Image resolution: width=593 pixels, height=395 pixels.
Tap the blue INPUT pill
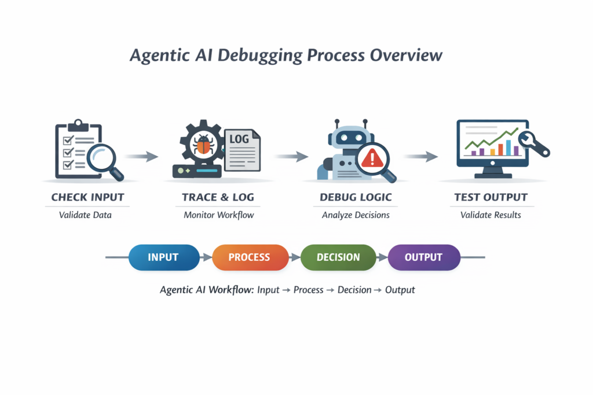(163, 257)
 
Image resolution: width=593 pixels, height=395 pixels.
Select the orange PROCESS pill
(250, 257)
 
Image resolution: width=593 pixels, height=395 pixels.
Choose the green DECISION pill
(338, 257)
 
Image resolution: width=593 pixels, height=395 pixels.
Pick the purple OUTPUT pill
(424, 257)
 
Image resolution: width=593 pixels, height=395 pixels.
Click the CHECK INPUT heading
(87, 197)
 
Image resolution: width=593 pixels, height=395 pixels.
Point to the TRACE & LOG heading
(218, 197)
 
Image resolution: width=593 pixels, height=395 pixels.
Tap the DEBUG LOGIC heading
(356, 197)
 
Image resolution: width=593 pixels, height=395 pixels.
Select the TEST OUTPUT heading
(490, 197)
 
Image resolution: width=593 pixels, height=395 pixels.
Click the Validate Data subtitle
(85, 215)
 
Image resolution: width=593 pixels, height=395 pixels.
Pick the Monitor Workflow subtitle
(219, 215)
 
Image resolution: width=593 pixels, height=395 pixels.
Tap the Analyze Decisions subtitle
(356, 215)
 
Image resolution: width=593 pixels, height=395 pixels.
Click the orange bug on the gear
(203, 145)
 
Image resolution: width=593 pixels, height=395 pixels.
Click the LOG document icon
(242, 149)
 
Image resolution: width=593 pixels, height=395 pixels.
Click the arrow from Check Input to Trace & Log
(141, 156)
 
